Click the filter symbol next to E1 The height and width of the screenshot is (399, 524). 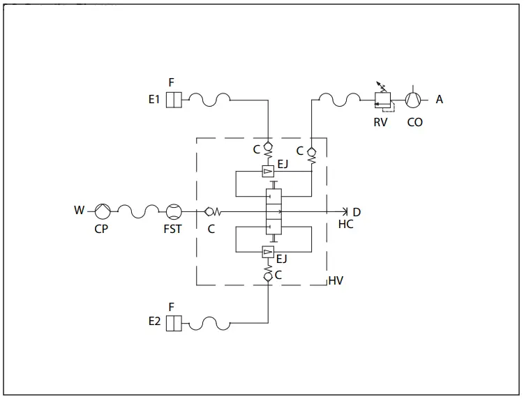pos(174,100)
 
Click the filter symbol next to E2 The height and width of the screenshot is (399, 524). pos(174,323)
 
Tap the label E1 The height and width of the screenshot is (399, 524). pos(154,100)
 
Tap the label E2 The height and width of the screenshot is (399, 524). pos(154,323)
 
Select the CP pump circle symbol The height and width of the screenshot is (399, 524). pos(103,211)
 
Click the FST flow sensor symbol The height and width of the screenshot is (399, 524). pos(173,211)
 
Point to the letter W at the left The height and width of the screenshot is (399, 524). pos(80,211)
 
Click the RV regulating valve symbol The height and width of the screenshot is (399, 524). pos(382,100)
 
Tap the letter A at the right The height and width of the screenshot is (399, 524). pos(440,100)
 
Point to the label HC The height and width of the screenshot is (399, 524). pos(346,225)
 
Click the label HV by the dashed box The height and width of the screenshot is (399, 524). pos(336,281)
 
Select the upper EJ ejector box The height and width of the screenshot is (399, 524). pos(268,171)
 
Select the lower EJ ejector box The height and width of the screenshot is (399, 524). pos(268,251)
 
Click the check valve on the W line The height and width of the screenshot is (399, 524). pos(209,211)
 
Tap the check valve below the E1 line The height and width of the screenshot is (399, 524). pos(268,149)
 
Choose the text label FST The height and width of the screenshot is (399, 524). pos(172,229)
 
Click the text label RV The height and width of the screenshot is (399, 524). pos(380,123)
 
